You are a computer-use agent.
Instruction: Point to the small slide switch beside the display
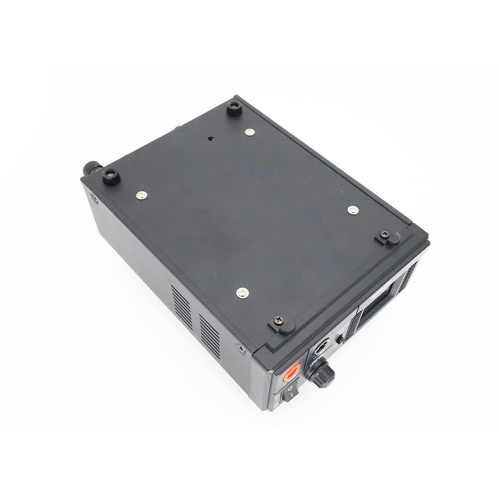click(341, 338)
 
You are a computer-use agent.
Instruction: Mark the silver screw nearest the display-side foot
click(353, 210)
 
